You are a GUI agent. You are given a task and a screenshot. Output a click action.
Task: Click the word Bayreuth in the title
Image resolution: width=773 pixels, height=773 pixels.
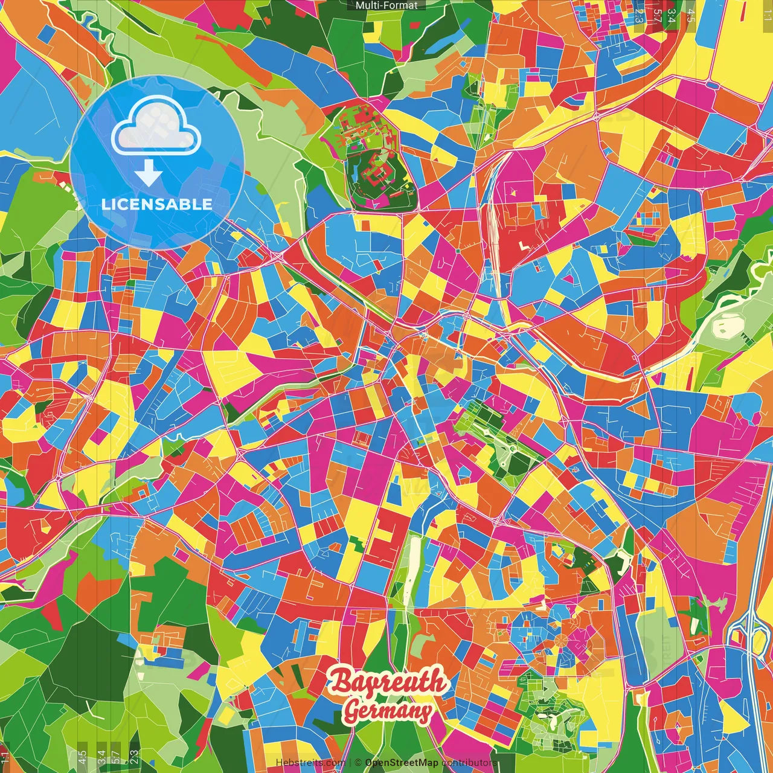pos(388,682)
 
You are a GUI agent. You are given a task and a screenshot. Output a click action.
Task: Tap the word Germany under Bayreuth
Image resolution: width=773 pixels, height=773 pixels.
pos(388,711)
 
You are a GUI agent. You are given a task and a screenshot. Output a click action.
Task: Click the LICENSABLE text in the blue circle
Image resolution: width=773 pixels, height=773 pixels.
pos(156,204)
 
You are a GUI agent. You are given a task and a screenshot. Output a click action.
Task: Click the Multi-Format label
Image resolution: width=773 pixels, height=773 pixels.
pos(386,5)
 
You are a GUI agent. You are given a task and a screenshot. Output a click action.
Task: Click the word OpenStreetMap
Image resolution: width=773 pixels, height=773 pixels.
pos(402,763)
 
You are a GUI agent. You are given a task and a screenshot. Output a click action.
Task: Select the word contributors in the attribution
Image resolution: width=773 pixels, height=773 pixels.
pos(469,763)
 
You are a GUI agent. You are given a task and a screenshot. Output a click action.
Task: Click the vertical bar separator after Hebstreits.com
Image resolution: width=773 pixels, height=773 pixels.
pos(350,763)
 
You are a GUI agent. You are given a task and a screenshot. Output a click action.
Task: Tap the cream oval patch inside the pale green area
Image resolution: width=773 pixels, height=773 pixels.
pos(728,327)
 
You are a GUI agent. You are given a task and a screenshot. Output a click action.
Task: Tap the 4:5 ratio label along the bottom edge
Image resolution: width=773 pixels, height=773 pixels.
pos(82,756)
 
